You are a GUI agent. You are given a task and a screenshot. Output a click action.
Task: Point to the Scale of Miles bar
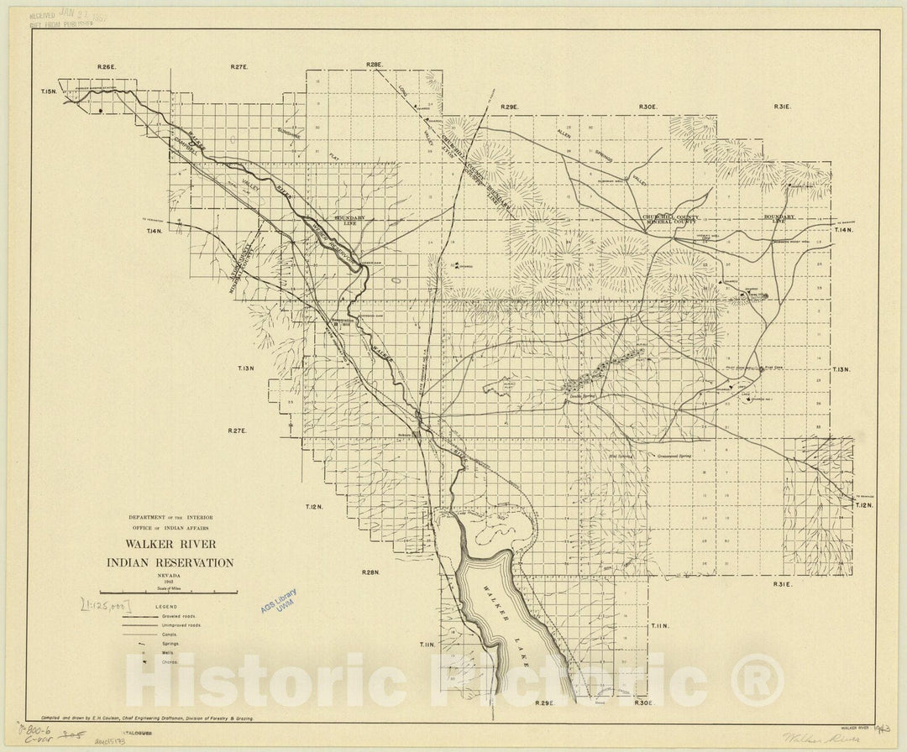(169, 593)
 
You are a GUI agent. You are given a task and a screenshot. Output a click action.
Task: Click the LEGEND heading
(166, 606)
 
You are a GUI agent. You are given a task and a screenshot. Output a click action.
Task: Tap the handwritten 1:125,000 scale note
(105, 603)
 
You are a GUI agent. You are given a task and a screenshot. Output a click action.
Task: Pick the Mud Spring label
(619, 456)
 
